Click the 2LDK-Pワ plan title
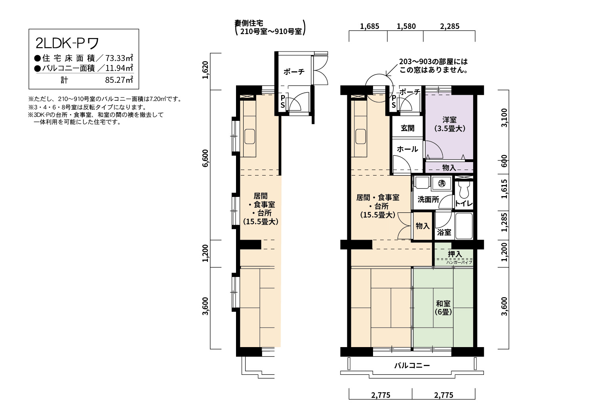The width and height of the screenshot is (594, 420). (x=67, y=43)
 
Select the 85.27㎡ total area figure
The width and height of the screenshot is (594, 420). (x=119, y=80)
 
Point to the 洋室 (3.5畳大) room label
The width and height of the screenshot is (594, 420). (x=449, y=124)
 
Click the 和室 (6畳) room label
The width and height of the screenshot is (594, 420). (x=443, y=307)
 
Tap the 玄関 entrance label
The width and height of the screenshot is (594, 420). (x=407, y=128)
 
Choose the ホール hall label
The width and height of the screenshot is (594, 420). (x=407, y=149)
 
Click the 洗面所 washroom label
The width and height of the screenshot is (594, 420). (x=428, y=200)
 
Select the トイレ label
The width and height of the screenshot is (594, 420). (x=464, y=204)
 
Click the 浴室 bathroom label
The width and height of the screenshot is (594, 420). (x=444, y=233)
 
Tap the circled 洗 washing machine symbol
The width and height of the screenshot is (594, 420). (x=442, y=183)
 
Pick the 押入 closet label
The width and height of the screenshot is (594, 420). (x=455, y=254)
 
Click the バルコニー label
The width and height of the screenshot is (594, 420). (x=412, y=366)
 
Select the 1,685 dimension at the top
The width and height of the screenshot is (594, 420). (x=369, y=26)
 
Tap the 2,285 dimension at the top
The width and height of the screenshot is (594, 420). (x=449, y=26)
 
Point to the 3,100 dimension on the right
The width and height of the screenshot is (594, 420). (x=504, y=118)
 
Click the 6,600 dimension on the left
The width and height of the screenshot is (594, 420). (x=205, y=158)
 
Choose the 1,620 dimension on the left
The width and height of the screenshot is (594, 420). (x=205, y=70)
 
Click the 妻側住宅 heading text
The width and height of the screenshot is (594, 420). (x=249, y=23)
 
